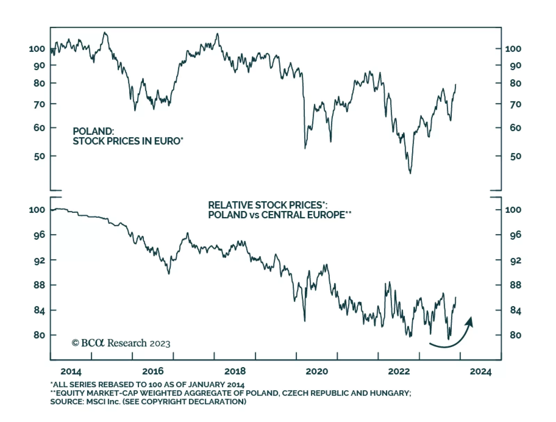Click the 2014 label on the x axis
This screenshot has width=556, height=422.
click(71, 372)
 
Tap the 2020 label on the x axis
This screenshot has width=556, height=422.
click(317, 372)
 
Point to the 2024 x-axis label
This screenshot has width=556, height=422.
click(481, 372)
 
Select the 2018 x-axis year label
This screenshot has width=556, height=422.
click(235, 372)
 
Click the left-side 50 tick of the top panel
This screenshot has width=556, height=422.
click(39, 156)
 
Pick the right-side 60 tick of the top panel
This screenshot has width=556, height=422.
click(515, 128)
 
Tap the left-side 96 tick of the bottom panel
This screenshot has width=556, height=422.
click(39, 235)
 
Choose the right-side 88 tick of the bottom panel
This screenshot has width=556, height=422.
click(515, 285)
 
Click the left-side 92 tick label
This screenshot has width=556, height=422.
click(39, 260)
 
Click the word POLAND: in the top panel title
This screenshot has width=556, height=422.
click(93, 131)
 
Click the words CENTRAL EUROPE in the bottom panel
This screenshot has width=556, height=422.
click(303, 215)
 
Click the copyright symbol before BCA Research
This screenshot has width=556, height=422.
click(75, 343)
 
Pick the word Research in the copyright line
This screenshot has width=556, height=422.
click(127, 343)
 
